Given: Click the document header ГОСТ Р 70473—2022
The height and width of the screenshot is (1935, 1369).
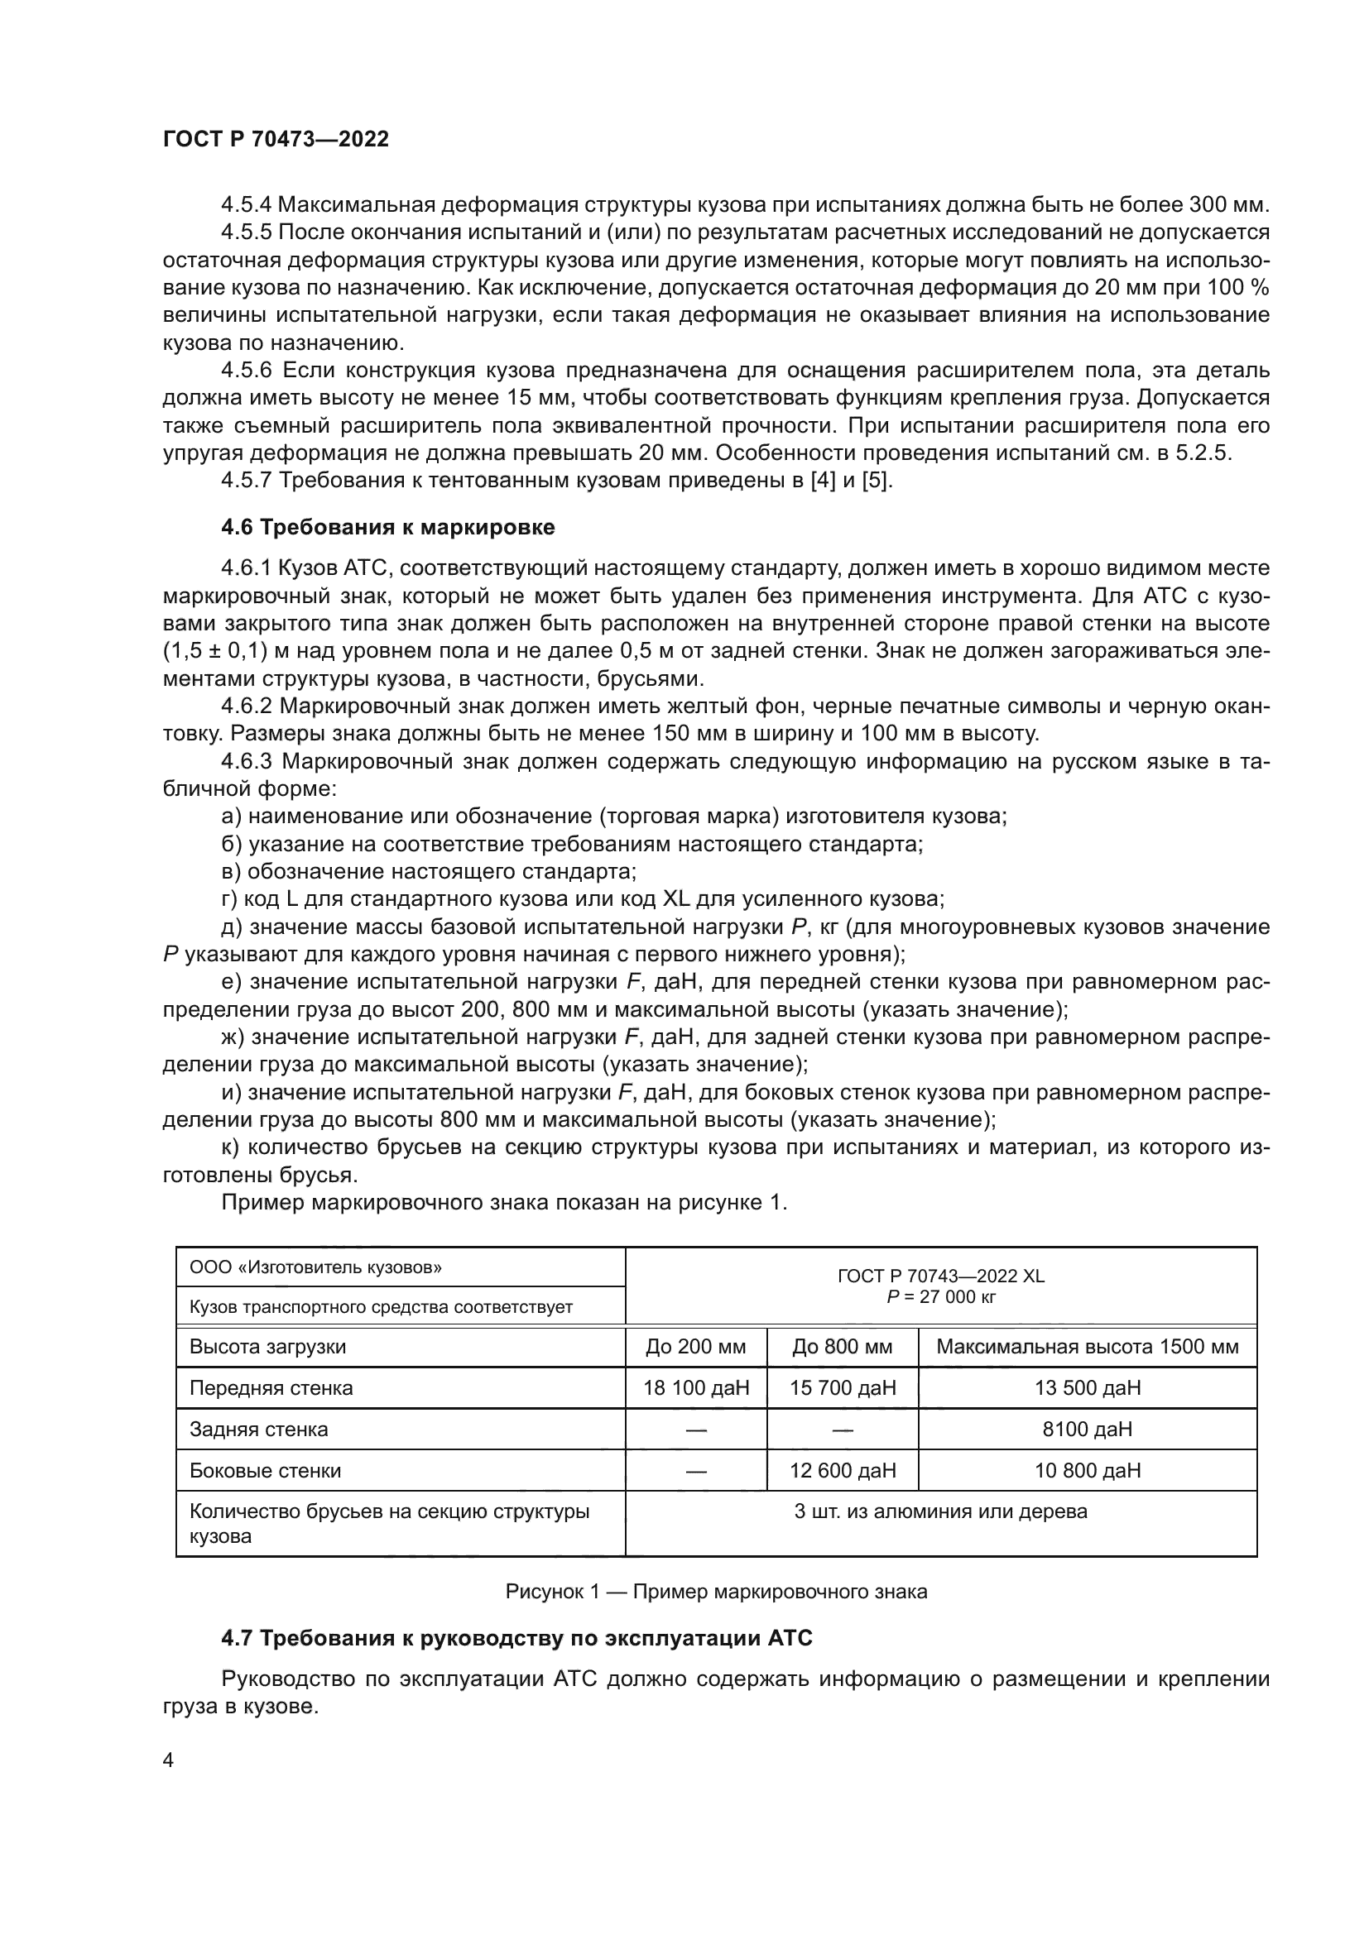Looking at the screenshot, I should pyautogui.click(x=276, y=140).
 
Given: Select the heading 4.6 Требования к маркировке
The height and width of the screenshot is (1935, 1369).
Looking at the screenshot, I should pyautogui.click(x=387, y=528).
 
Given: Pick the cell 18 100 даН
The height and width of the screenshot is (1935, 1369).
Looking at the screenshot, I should pyautogui.click(x=696, y=1388).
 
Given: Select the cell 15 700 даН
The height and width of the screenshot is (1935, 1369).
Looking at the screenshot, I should pyautogui.click(x=842, y=1388).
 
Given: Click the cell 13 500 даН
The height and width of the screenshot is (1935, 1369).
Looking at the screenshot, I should pyautogui.click(x=1088, y=1388).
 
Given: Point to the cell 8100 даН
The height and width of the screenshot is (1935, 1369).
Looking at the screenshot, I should pyautogui.click(x=1088, y=1430).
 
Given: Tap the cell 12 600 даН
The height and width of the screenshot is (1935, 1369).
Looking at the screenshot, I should pyautogui.click(x=842, y=1471).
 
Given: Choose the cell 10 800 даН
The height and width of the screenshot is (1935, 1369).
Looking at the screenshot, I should pyautogui.click(x=1088, y=1471).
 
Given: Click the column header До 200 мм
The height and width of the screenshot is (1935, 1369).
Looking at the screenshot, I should pyautogui.click(x=696, y=1347).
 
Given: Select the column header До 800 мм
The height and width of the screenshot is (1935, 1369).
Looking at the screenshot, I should pyautogui.click(x=842, y=1347).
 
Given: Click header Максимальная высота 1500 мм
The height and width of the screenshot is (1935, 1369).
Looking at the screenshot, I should pyautogui.click(x=1088, y=1347).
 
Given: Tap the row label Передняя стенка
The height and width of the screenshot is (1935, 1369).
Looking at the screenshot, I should pyautogui.click(x=271, y=1388).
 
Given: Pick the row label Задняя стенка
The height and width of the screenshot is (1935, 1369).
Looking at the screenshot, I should pyautogui.click(x=259, y=1430).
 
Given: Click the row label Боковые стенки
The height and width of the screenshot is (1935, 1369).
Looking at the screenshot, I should pyautogui.click(x=266, y=1471).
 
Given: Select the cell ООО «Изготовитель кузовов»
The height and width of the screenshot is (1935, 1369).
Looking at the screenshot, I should pyautogui.click(x=316, y=1267).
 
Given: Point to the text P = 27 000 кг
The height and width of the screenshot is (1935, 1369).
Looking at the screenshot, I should pyautogui.click(x=941, y=1297).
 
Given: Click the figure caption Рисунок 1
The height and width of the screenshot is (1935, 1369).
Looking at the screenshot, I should pyautogui.click(x=716, y=1592).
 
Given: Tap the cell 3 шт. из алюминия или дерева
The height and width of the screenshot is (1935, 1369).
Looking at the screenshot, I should pyautogui.click(x=941, y=1512).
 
